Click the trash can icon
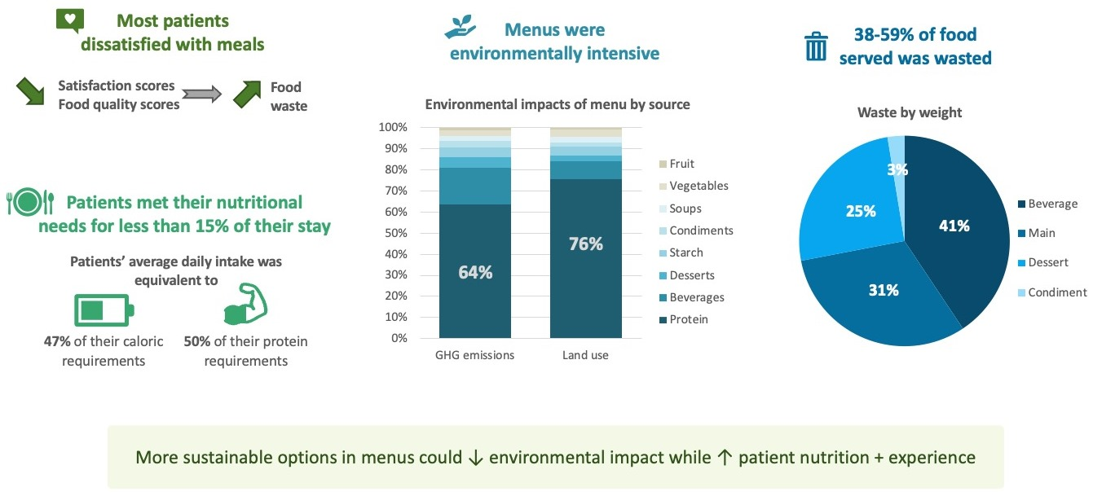[x=816, y=46]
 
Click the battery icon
[x=104, y=309]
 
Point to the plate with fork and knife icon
[x=30, y=202]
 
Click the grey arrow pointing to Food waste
[x=201, y=94]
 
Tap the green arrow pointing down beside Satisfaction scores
[x=31, y=90]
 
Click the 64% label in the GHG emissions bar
[x=475, y=272]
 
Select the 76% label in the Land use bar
[x=586, y=244]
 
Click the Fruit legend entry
[x=677, y=164]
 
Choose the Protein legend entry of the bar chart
[x=683, y=319]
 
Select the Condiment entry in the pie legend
[x=1052, y=292]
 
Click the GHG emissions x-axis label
[x=474, y=355]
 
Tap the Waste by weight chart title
[x=910, y=112]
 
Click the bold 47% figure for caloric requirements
[x=57, y=341]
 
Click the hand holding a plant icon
[x=461, y=27]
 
